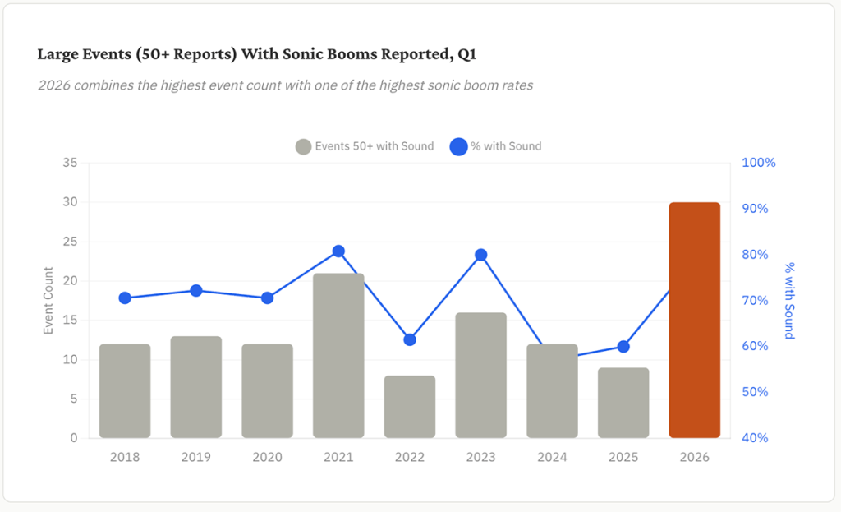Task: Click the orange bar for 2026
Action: [x=694, y=320]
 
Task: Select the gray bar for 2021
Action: [x=338, y=355]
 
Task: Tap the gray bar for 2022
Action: [x=410, y=407]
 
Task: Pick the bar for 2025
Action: [x=623, y=403]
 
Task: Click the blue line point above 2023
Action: [x=481, y=255]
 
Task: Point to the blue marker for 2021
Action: [x=338, y=251]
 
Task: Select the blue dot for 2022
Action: [x=410, y=339]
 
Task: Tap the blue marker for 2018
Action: [x=125, y=298]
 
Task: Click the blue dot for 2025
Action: [x=623, y=346]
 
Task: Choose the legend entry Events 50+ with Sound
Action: [x=365, y=146]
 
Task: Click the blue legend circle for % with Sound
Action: [x=458, y=146]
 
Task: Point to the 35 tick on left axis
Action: [x=70, y=163]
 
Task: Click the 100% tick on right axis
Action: [x=758, y=163]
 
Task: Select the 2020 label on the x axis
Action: [x=267, y=457]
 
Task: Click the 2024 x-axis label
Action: [x=552, y=457]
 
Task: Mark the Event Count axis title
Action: [x=48, y=300]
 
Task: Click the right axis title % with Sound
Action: [x=789, y=300]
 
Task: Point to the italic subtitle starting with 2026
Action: [x=285, y=85]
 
